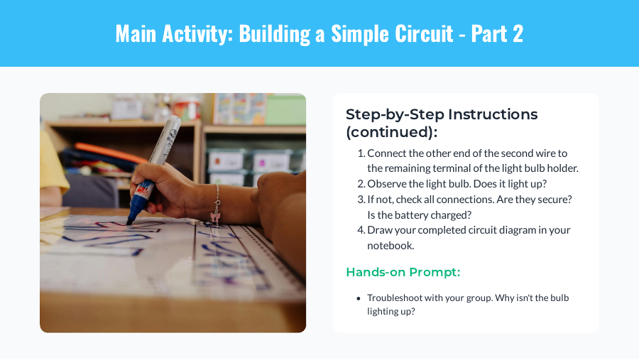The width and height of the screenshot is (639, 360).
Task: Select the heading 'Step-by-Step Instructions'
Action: point(441,114)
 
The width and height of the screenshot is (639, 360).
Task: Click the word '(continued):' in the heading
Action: point(391,132)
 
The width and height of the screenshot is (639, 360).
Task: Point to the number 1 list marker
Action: point(361,153)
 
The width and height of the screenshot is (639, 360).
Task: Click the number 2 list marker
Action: point(361,184)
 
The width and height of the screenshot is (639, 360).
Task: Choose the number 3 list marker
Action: point(361,200)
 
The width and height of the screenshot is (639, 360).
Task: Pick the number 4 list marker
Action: point(361,230)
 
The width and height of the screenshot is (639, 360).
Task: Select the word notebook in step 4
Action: point(390,246)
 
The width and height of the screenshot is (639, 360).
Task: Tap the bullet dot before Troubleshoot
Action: point(359,298)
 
